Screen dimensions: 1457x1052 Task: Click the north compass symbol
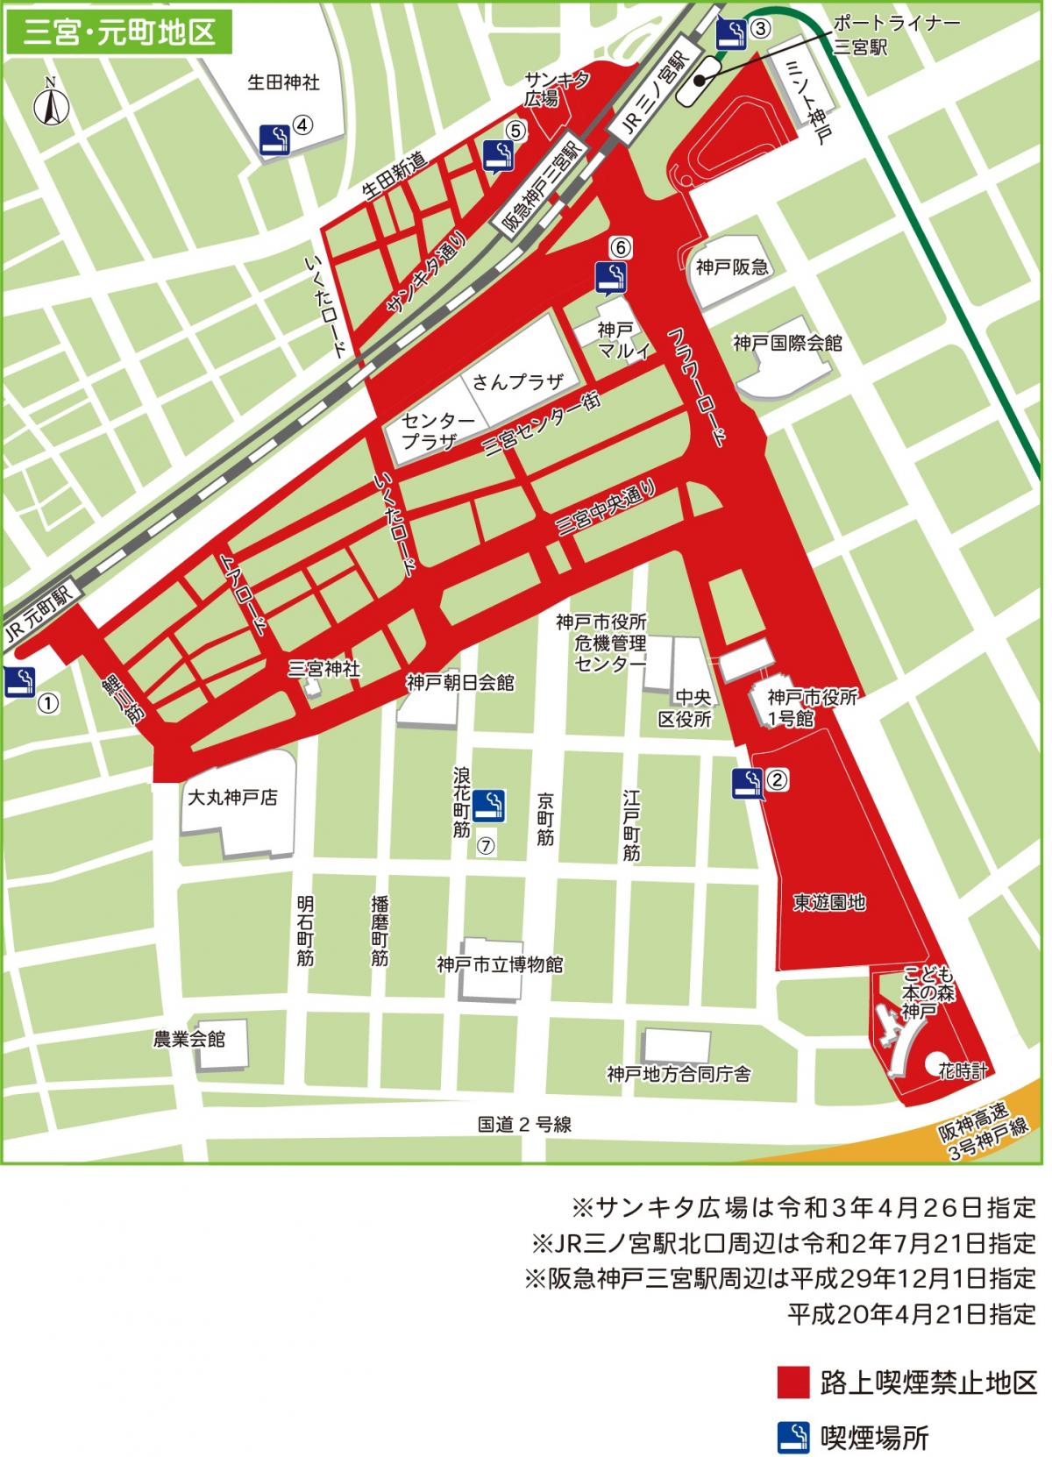click(51, 104)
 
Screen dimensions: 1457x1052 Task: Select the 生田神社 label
click(282, 83)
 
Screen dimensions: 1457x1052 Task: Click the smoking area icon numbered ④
click(275, 139)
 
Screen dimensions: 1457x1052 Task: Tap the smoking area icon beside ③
click(731, 33)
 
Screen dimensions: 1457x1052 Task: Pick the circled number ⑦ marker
click(487, 846)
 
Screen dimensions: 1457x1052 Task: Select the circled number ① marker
click(49, 701)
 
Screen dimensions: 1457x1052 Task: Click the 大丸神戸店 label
click(232, 799)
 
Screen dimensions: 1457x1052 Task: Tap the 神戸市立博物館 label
click(500, 965)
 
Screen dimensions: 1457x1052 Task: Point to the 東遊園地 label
click(829, 901)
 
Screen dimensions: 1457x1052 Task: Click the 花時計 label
click(963, 1071)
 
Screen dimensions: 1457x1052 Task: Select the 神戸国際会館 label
click(787, 343)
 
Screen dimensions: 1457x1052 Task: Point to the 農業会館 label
click(189, 1040)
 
